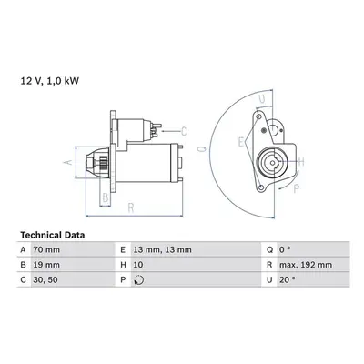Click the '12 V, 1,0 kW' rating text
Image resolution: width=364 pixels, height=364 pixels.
[x=49, y=81]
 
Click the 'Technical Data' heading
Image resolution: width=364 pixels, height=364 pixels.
[x=53, y=235]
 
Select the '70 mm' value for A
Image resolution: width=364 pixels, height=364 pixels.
[x=46, y=249]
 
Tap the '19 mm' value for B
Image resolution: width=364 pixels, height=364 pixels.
[x=46, y=265]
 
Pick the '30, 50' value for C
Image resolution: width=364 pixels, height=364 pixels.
[x=45, y=279]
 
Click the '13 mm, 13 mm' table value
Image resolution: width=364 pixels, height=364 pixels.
[x=163, y=249]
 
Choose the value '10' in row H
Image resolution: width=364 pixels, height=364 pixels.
[x=138, y=265]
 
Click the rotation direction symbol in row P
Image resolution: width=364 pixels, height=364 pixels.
[x=138, y=279]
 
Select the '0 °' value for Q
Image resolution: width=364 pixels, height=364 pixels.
[x=285, y=249]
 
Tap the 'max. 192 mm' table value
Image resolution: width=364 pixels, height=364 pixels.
[x=306, y=265]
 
